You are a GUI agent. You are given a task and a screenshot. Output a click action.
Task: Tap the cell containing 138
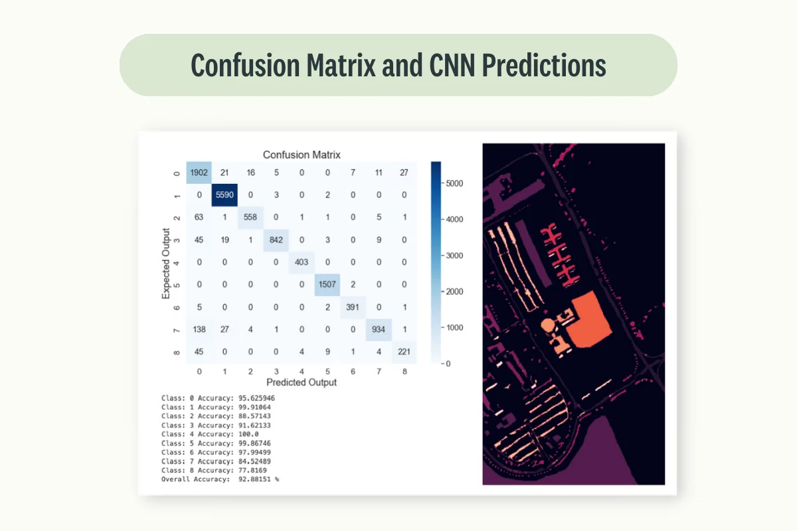point(199,328)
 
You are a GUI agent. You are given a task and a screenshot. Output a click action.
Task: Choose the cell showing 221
point(404,350)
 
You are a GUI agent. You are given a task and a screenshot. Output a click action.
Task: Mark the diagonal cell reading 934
point(378,328)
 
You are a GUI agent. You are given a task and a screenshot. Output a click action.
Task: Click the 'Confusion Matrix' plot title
point(302,155)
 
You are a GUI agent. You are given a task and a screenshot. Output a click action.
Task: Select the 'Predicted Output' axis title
point(302,382)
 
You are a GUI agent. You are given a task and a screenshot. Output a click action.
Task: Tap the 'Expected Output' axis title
point(166,264)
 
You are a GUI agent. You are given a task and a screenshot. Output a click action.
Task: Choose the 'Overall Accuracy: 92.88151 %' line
point(221,479)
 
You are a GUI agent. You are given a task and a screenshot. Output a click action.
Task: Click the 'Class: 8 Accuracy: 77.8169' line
point(216,470)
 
